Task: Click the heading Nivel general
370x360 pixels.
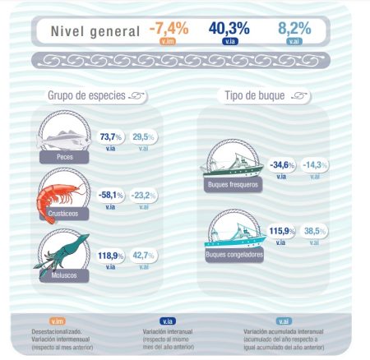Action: (95, 31)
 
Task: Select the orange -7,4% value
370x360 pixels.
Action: (169, 28)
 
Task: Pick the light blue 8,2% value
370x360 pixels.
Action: (294, 28)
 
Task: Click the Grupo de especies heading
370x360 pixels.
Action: (86, 96)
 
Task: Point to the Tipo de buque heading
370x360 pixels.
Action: (255, 96)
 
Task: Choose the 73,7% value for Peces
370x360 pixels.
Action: (111, 136)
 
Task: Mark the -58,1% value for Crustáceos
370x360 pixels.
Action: (109, 196)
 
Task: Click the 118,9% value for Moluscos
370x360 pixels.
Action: (110, 256)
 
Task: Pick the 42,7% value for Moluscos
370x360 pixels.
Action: (145, 256)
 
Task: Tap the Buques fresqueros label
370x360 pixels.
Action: (233, 185)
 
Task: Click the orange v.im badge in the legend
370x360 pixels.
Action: (58, 321)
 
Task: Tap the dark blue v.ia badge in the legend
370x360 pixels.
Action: (168, 321)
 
